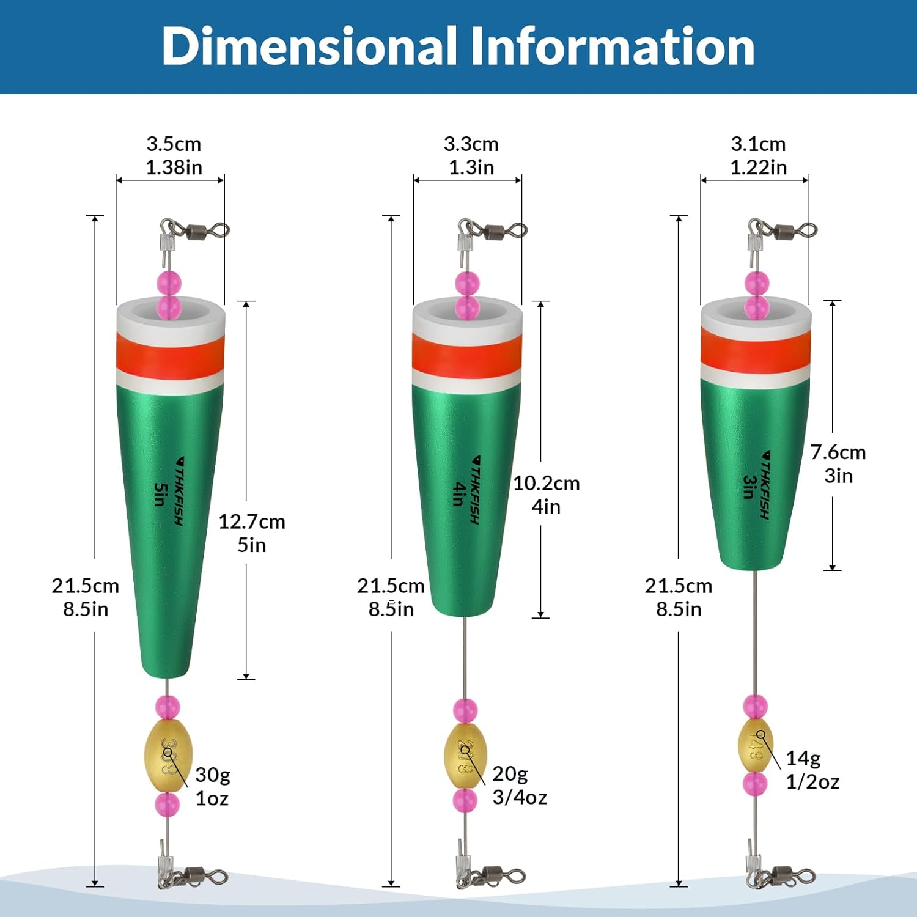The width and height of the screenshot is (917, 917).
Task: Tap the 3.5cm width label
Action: [174, 144]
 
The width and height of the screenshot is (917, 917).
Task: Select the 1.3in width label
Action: [471, 168]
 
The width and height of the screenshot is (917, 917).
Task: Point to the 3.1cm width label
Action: [758, 144]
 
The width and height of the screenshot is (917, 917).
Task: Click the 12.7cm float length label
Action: [252, 522]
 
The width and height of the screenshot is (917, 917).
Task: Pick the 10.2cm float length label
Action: [546, 484]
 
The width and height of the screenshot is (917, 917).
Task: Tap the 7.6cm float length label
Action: [838, 452]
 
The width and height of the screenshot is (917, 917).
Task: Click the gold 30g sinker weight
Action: [168, 756]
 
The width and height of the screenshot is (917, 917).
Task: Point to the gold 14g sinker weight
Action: [756, 746]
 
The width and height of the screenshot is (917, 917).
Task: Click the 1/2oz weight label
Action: [812, 782]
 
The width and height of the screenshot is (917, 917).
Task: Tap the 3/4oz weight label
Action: [520, 797]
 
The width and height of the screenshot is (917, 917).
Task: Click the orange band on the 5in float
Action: [171, 358]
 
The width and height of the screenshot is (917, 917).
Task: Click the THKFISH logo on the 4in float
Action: [475, 489]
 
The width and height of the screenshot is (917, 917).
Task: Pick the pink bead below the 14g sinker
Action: [756, 784]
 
